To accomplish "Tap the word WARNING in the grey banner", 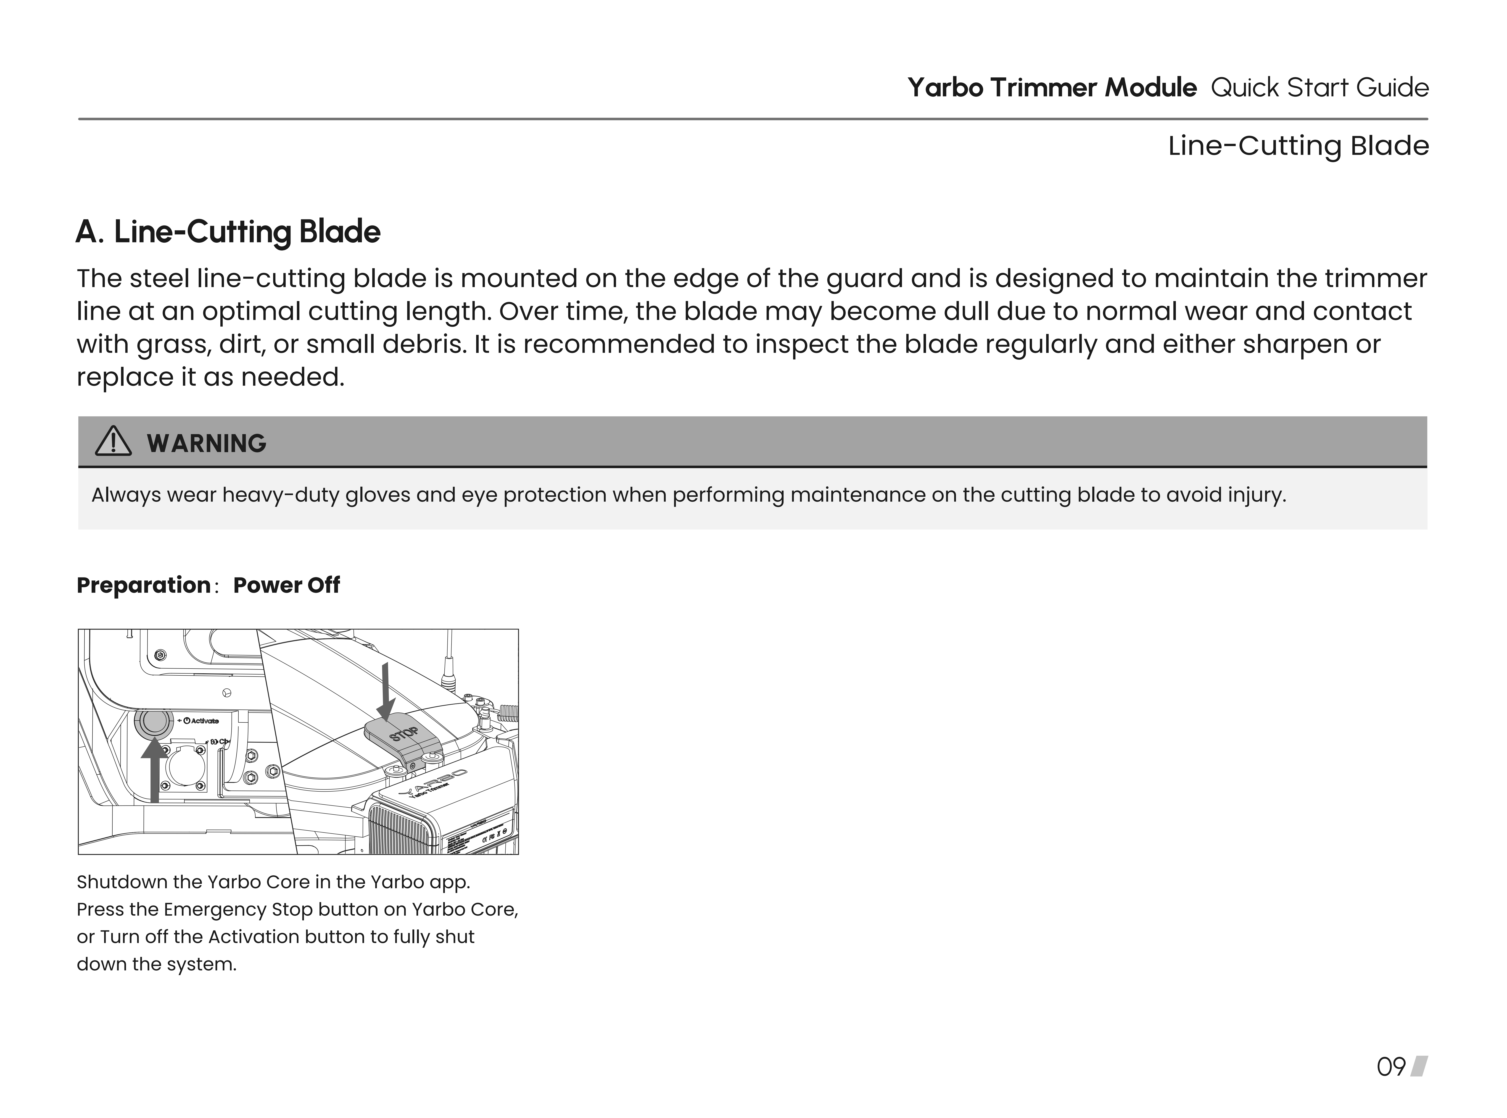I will click(x=206, y=443).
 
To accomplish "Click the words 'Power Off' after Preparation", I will click(x=286, y=585).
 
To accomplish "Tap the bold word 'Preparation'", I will click(x=143, y=585).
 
